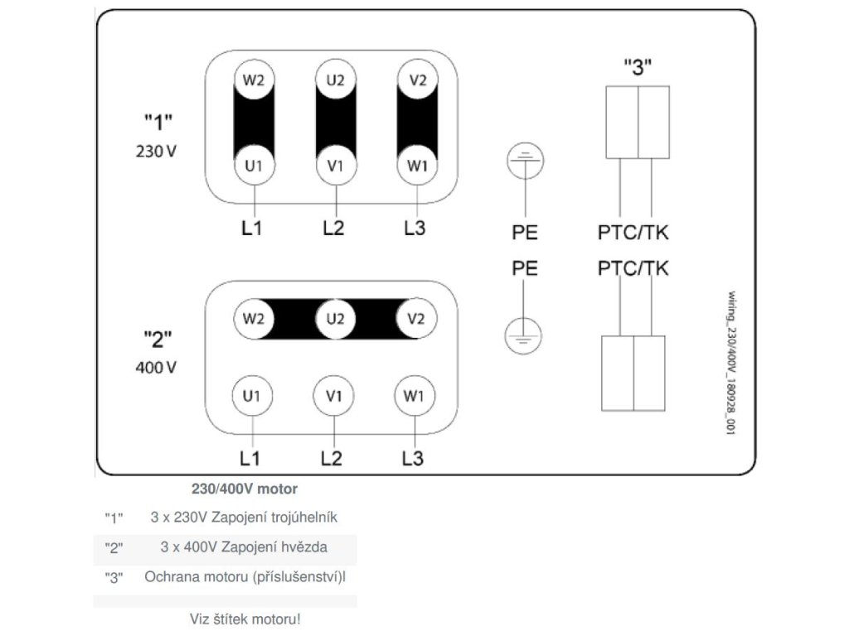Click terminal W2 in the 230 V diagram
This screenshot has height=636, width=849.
coord(254,79)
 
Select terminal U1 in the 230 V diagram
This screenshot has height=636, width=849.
coord(254,165)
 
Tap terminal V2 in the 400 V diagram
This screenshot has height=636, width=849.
coord(416,319)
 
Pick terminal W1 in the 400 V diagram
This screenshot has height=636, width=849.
coord(415,396)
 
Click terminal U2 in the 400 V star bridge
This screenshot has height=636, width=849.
coord(335,319)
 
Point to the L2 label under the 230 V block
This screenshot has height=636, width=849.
coord(333,229)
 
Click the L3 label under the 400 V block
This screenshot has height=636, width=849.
coord(413,459)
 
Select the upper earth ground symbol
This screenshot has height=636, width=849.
coord(525,161)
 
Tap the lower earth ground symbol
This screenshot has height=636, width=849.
coord(523,336)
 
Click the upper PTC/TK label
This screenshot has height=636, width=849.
coord(633,233)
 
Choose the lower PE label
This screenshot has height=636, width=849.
coord(525,268)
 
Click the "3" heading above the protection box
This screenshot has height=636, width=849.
coord(638,68)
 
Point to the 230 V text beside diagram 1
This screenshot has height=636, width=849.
coord(156,151)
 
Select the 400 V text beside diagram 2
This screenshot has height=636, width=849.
coord(156,368)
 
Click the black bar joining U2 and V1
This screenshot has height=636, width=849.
coord(336,123)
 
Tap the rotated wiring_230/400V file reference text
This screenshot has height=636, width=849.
coord(731,363)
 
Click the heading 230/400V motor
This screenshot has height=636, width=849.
coord(245,489)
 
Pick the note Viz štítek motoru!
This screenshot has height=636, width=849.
coord(245,619)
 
